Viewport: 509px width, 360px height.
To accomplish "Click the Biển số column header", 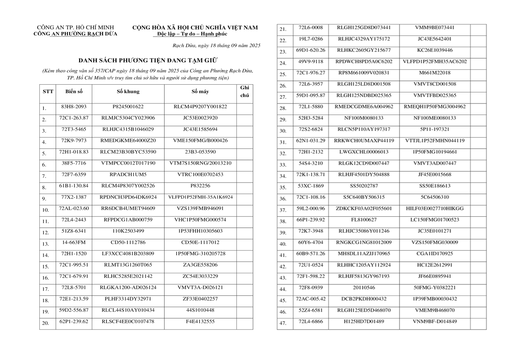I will tap(74, 91).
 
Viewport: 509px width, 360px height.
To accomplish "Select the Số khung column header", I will tap(128, 91).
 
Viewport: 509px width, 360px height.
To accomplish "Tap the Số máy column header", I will tap(200, 91).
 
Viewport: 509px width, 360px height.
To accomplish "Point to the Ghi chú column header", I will tap(244, 91).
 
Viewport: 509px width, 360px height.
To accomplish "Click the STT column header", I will tap(48, 91).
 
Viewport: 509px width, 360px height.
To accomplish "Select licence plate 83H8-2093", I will tap(74, 106).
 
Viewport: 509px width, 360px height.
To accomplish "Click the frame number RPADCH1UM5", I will tap(128, 174).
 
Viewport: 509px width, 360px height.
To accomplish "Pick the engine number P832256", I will tap(200, 186).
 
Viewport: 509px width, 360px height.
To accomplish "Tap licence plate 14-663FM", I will tap(74, 242).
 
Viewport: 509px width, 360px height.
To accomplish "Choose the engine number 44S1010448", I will tap(200, 310).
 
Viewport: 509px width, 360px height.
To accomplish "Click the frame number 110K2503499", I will tap(128, 231).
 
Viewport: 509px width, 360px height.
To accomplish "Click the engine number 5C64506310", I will tap(434, 197).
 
